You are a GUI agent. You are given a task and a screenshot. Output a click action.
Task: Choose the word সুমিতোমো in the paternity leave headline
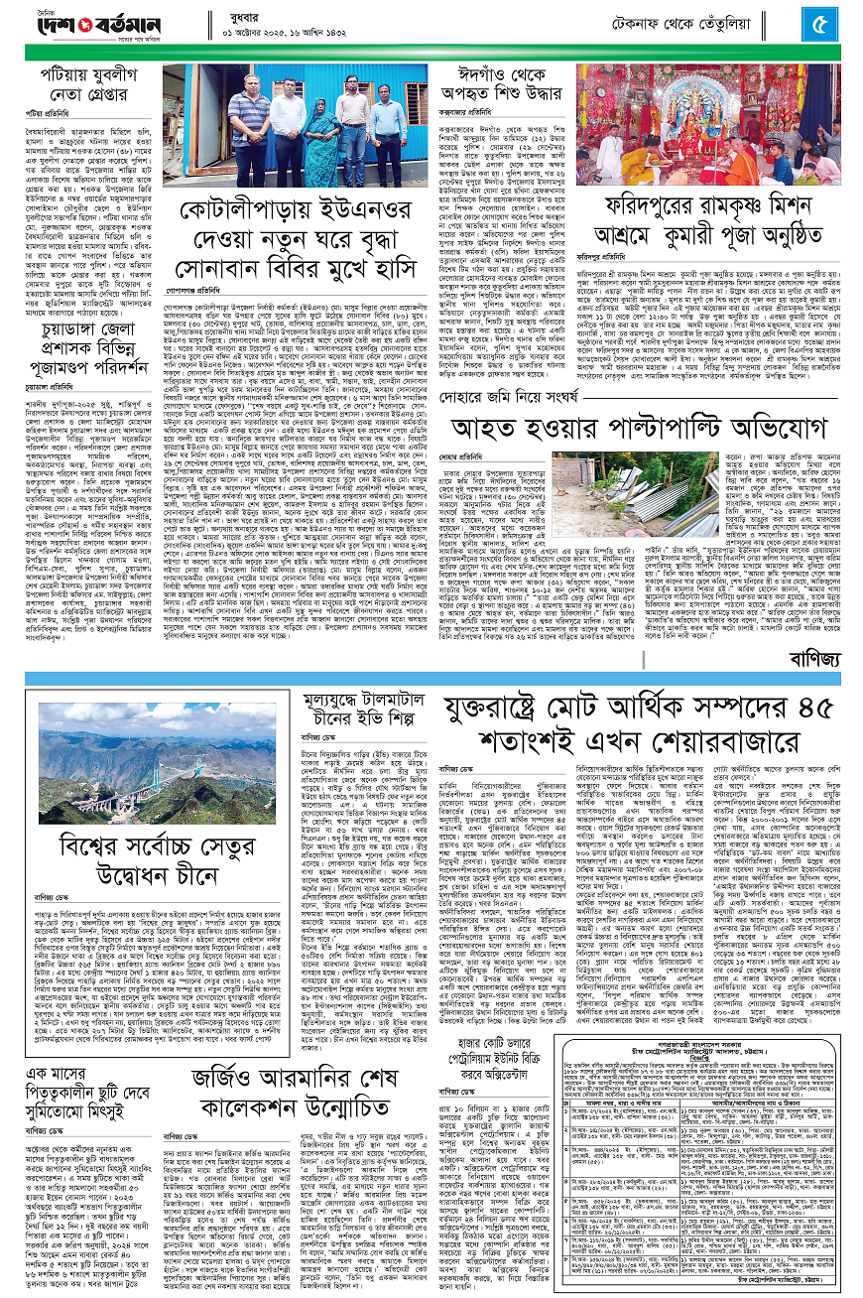(71, 1098)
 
